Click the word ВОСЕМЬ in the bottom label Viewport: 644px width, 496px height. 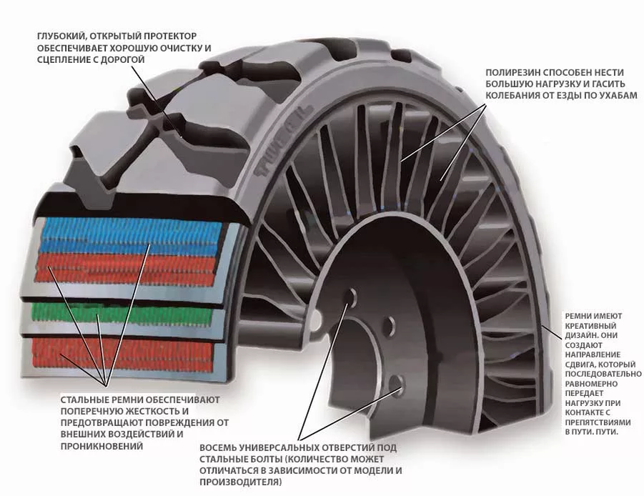[x=219, y=448]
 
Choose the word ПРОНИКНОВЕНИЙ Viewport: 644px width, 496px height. [x=101, y=446]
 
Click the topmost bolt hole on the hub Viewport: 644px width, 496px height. [x=351, y=297]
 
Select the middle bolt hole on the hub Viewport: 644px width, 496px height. [x=389, y=326]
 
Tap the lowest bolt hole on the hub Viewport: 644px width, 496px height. [x=397, y=384]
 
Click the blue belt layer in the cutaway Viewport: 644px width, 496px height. [x=131, y=236]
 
